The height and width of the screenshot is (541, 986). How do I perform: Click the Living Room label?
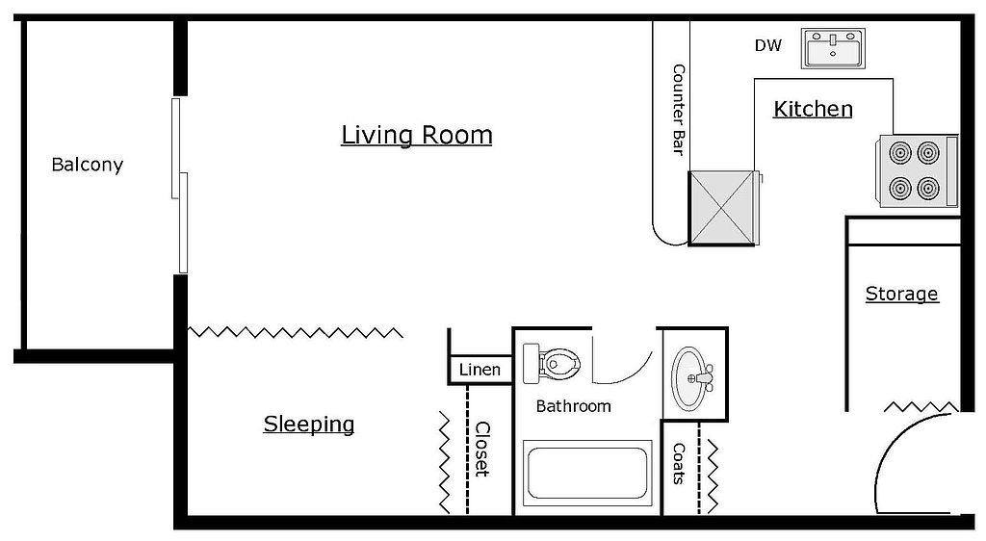(x=416, y=135)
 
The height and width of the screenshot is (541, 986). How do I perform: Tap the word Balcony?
(x=88, y=165)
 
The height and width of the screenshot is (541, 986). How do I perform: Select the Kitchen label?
(x=813, y=109)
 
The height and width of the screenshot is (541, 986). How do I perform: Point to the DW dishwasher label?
(x=767, y=45)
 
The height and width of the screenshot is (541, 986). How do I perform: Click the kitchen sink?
(x=833, y=48)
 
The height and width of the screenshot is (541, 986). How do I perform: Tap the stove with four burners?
(x=918, y=170)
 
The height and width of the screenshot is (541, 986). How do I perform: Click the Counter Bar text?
(x=679, y=110)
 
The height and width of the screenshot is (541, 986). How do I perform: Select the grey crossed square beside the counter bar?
(x=721, y=207)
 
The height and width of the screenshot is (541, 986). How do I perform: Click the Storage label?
(x=901, y=294)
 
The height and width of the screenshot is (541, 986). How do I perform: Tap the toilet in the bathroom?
(x=552, y=363)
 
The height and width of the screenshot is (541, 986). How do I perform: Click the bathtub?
(x=586, y=473)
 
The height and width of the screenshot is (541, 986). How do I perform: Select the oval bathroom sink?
(x=691, y=378)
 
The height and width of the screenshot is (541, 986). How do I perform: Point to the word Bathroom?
(x=574, y=406)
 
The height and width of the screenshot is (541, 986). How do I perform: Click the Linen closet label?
(x=480, y=370)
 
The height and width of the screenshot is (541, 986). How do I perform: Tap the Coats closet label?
(x=679, y=464)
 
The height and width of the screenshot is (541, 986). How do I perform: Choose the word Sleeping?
(x=309, y=425)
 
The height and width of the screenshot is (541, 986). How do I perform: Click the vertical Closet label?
(x=481, y=450)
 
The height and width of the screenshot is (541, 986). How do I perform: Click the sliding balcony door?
(x=180, y=186)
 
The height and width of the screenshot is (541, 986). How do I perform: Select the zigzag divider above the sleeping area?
(x=296, y=332)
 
